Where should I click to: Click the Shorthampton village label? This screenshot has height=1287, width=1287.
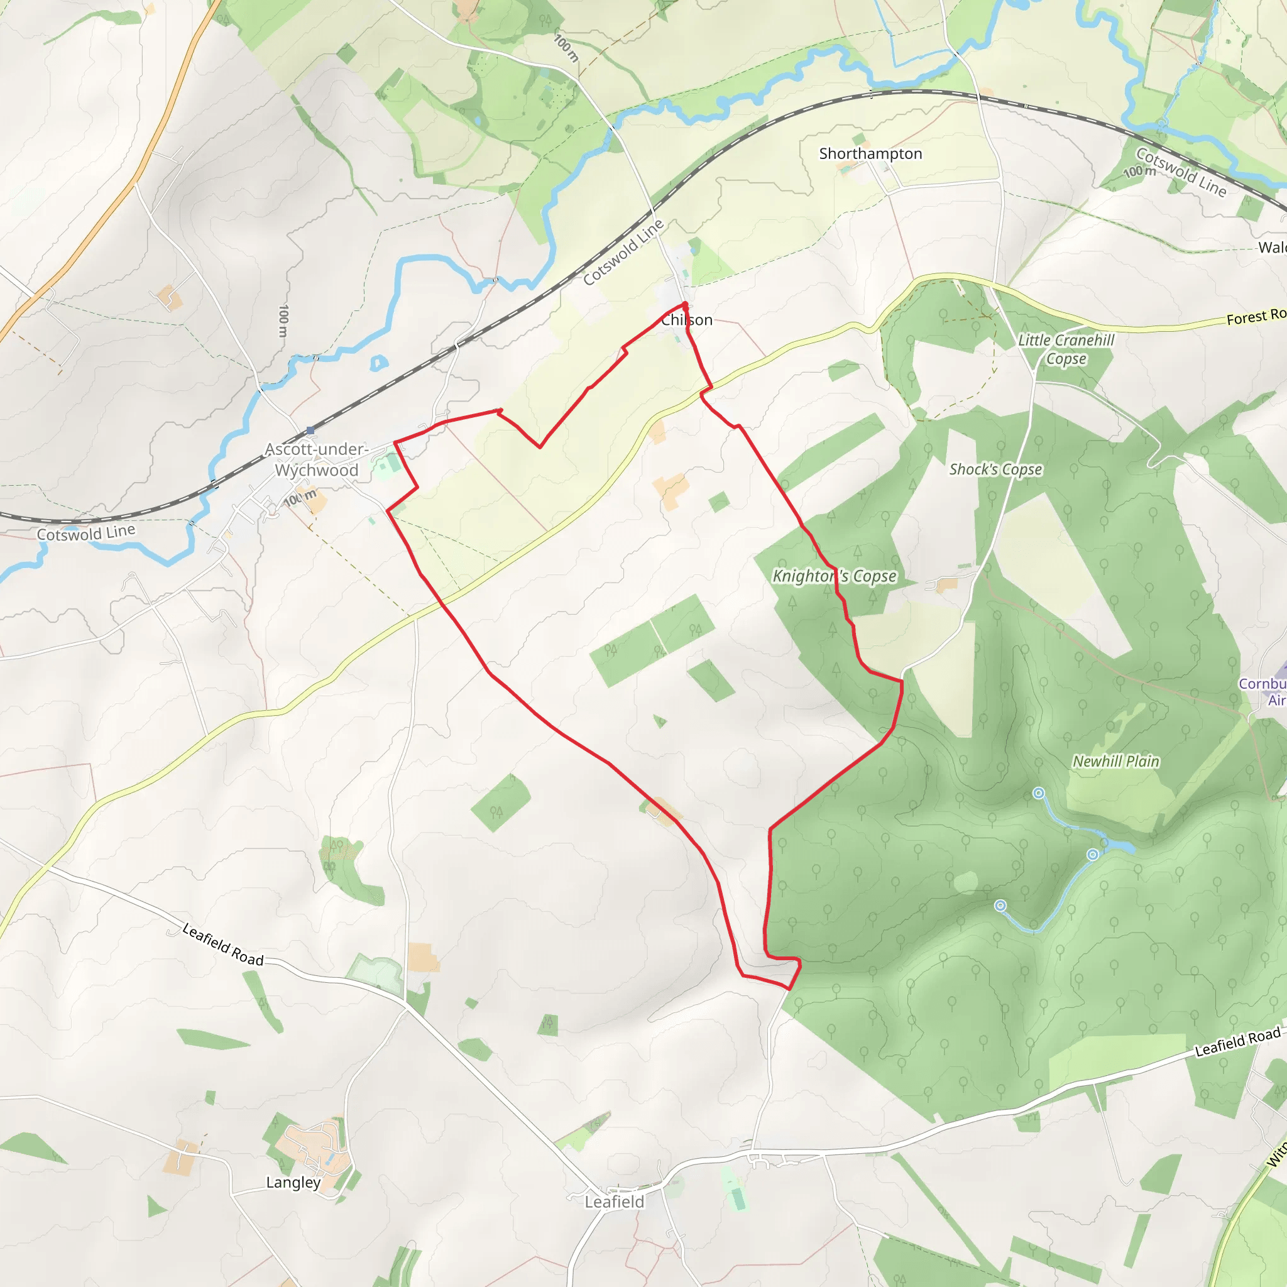pos(870,154)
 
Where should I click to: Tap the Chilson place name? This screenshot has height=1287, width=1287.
pos(687,320)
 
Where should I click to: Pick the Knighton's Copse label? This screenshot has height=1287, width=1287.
pos(834,576)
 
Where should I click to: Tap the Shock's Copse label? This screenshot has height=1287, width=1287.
pos(995,469)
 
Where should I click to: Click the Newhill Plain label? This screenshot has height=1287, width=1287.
pos(1116,762)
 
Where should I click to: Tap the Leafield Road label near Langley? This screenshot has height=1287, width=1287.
pos(223,945)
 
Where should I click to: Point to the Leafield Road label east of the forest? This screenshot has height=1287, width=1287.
pos(1238,1043)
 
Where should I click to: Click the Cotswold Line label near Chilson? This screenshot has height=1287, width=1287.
pos(623,253)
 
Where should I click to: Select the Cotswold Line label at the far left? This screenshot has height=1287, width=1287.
pos(86,533)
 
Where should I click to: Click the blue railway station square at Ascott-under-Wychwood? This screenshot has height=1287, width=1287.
pos(310,431)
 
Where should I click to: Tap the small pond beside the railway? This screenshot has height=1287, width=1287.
pos(378,363)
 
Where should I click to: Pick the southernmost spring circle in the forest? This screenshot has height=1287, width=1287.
pos(1000,906)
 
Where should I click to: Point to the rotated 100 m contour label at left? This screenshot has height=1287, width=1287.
pos(284,321)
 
